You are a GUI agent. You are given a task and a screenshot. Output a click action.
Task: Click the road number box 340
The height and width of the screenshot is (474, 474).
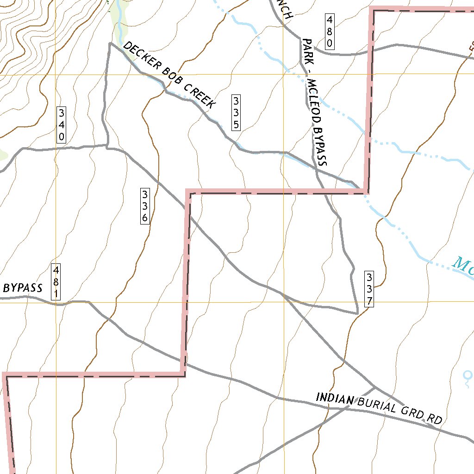point(61,125)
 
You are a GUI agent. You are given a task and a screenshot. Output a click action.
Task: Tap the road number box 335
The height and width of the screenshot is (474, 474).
point(236,112)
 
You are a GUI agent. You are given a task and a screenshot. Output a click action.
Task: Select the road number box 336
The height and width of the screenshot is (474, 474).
point(145,206)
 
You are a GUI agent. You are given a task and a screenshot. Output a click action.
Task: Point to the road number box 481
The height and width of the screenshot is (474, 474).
point(56,282)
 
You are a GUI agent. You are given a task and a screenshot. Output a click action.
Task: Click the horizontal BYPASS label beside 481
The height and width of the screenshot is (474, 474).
point(23,288)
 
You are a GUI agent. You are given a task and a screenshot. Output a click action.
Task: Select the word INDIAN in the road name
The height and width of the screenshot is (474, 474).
point(335,398)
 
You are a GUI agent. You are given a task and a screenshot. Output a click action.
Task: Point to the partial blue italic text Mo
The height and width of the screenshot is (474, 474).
point(463,267)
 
